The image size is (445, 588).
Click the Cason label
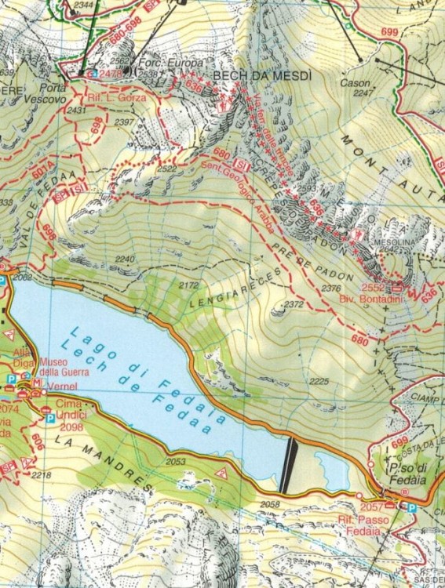point(355,82)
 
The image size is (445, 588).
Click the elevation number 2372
point(294,304)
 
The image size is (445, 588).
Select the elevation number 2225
point(318,381)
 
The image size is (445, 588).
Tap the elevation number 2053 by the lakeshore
point(176,462)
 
